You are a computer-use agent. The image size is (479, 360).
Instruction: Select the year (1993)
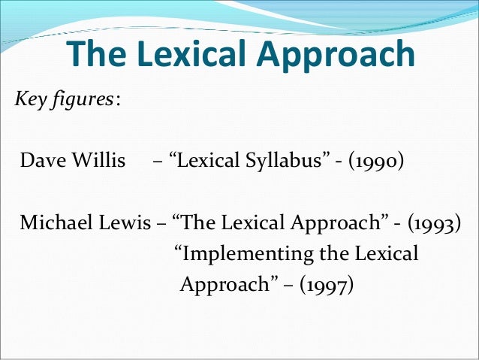coord(429,224)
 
